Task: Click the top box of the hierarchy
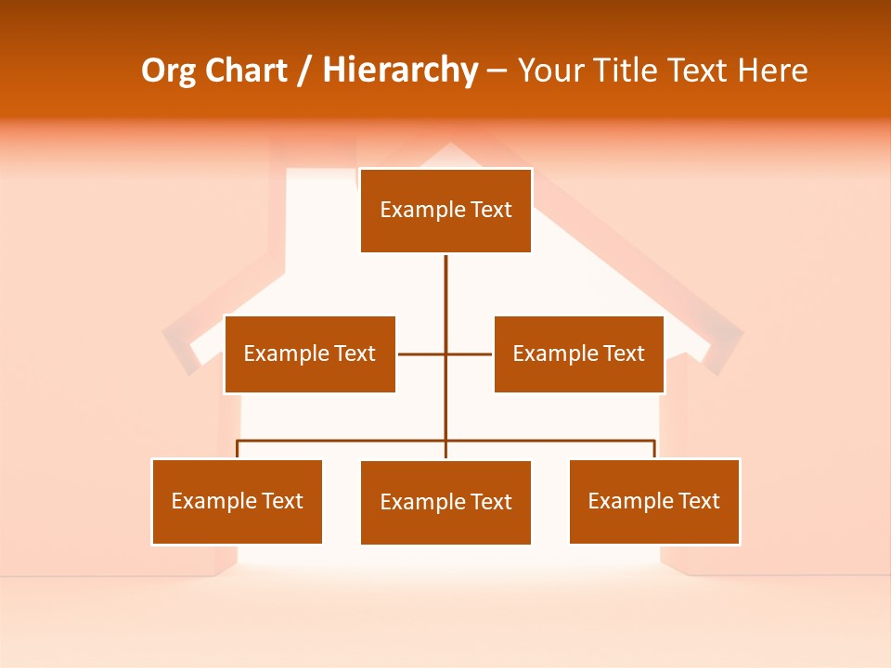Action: (445, 211)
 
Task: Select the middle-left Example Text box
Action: (309, 353)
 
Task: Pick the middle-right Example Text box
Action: (578, 353)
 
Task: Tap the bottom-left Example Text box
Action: (237, 501)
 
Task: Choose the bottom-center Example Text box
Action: (445, 502)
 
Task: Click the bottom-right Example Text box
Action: (653, 501)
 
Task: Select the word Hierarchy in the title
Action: (400, 71)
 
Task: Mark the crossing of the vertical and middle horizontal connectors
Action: (445, 353)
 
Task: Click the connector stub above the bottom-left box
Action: (238, 449)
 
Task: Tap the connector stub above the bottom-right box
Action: (654, 449)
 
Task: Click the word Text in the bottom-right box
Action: (698, 501)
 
